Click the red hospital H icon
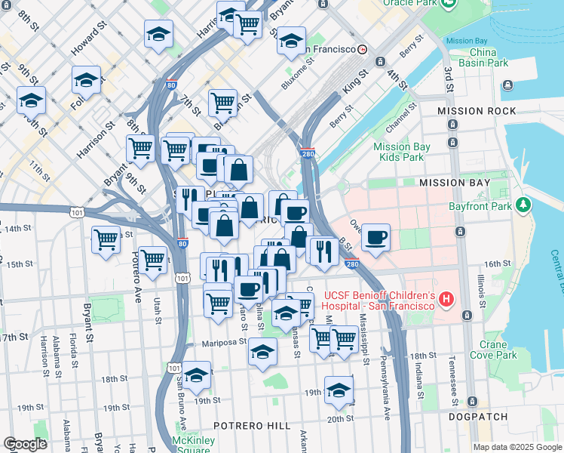pos(446,300)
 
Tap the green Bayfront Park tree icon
pos(521,205)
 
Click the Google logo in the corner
pos(25,444)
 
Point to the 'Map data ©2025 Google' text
pos(517,447)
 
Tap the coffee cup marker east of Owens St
pos(375,237)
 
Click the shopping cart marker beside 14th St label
pos(106,239)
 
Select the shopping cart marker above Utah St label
pos(153,259)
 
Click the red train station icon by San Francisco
pos(363,49)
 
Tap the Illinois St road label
pos(480,292)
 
